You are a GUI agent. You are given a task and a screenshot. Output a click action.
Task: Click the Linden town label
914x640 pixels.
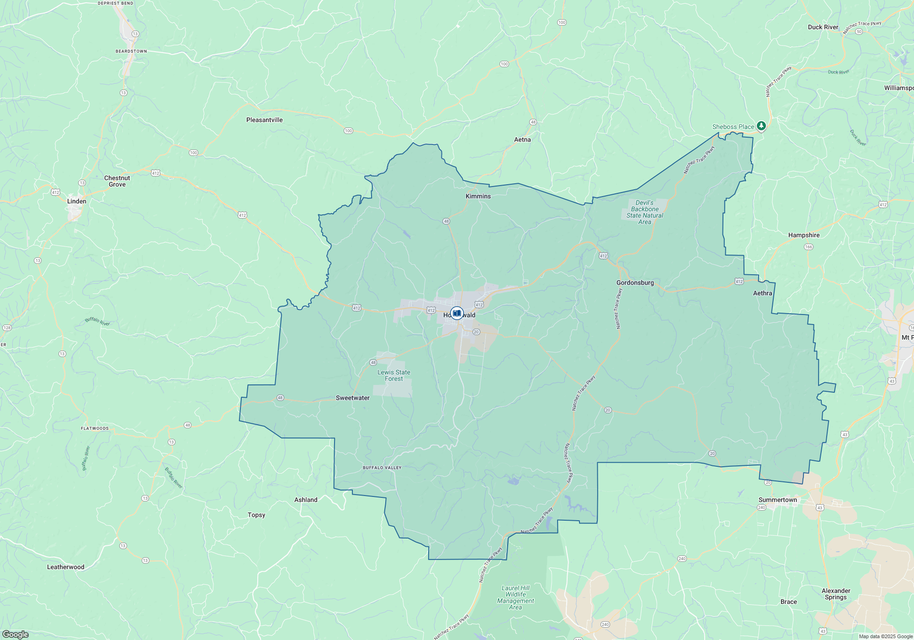pos(76,201)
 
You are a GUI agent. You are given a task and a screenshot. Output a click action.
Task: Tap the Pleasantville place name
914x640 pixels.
pos(264,120)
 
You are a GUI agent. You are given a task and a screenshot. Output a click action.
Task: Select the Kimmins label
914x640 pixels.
pos(478,196)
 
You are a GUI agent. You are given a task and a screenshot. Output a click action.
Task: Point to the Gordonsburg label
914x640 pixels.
pos(635,283)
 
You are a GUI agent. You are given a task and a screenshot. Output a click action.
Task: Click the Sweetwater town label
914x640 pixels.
pos(352,398)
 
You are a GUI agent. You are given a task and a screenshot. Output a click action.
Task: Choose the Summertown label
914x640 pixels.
pos(777,500)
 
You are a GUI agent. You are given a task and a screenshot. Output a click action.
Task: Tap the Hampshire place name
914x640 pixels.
pos(803,235)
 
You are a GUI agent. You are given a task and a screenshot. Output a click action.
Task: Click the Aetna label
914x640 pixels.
pos(522,139)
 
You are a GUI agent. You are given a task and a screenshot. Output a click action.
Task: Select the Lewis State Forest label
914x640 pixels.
pos(393,375)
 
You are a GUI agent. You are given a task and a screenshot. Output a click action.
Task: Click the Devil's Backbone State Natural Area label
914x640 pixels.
pos(644,212)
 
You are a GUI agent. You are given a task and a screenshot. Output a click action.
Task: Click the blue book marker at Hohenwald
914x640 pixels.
pos(457,313)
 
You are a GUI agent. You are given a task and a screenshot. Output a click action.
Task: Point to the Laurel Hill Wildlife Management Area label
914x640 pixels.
pos(515,597)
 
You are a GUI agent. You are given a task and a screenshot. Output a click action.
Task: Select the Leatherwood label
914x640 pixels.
pos(65,567)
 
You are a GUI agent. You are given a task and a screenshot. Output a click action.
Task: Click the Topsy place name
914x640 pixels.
pos(256,515)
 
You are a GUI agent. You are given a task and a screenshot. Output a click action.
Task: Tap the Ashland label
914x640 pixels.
pos(306,500)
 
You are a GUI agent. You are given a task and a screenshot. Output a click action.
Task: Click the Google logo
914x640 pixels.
pos(15,635)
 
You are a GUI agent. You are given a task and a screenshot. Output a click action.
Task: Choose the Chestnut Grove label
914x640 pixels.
pos(117,181)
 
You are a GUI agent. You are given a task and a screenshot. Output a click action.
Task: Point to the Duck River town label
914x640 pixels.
pos(823,27)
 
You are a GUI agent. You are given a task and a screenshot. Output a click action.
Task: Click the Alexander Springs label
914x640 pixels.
pos(836,594)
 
